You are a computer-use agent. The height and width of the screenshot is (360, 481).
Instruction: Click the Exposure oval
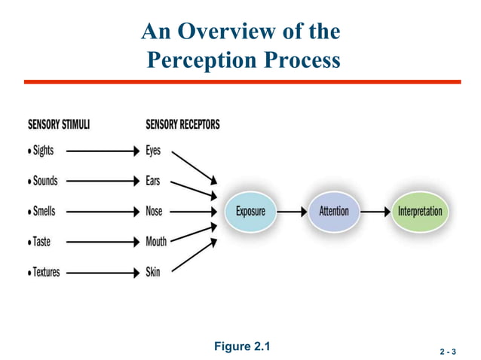tap(250, 212)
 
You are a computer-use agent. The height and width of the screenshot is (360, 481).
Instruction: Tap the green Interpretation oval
tap(420, 212)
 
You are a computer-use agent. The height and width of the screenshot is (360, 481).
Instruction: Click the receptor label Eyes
tap(153, 151)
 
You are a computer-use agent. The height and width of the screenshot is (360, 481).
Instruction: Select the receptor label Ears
tap(153, 182)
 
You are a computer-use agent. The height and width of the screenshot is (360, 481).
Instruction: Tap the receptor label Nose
tap(154, 212)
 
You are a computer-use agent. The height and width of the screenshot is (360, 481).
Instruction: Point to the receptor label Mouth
tap(156, 242)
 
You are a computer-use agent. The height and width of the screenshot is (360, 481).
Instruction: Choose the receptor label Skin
tap(153, 272)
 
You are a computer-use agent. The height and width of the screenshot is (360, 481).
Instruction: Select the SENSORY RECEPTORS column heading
tap(182, 124)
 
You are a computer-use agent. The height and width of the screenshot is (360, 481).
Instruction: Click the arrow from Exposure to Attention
tap(292, 212)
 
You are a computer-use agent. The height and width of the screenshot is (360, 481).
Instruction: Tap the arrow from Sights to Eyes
tap(103, 151)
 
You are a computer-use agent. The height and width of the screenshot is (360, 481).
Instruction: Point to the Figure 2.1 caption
tap(241, 346)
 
